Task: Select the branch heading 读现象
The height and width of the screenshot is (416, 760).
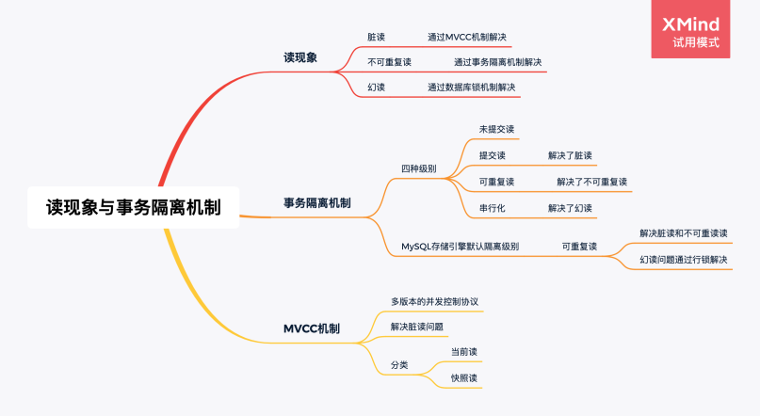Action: click(300, 57)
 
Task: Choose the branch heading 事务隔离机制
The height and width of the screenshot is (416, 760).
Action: click(317, 202)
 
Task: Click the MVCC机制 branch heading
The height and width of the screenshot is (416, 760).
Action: click(312, 328)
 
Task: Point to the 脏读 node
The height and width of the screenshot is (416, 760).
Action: click(376, 37)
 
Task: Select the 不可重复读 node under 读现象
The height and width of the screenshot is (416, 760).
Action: click(389, 62)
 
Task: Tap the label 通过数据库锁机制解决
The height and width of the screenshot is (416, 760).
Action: click(471, 87)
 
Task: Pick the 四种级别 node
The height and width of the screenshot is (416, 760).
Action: click(418, 168)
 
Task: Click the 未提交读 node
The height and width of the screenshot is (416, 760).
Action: click(496, 129)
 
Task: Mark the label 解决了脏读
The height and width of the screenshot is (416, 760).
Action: click(570, 155)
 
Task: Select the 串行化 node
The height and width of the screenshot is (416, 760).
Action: click(492, 208)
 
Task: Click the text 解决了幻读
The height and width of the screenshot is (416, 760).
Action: click(570, 208)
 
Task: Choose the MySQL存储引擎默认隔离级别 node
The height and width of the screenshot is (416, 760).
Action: click(460, 247)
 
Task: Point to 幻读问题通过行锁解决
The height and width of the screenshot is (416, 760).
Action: click(683, 259)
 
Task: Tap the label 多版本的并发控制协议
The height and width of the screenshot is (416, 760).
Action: click(435, 301)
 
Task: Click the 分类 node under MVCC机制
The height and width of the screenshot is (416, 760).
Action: click(399, 364)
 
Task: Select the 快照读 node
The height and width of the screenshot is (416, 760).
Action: click(464, 377)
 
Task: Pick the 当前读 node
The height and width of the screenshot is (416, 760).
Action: click(464, 351)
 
